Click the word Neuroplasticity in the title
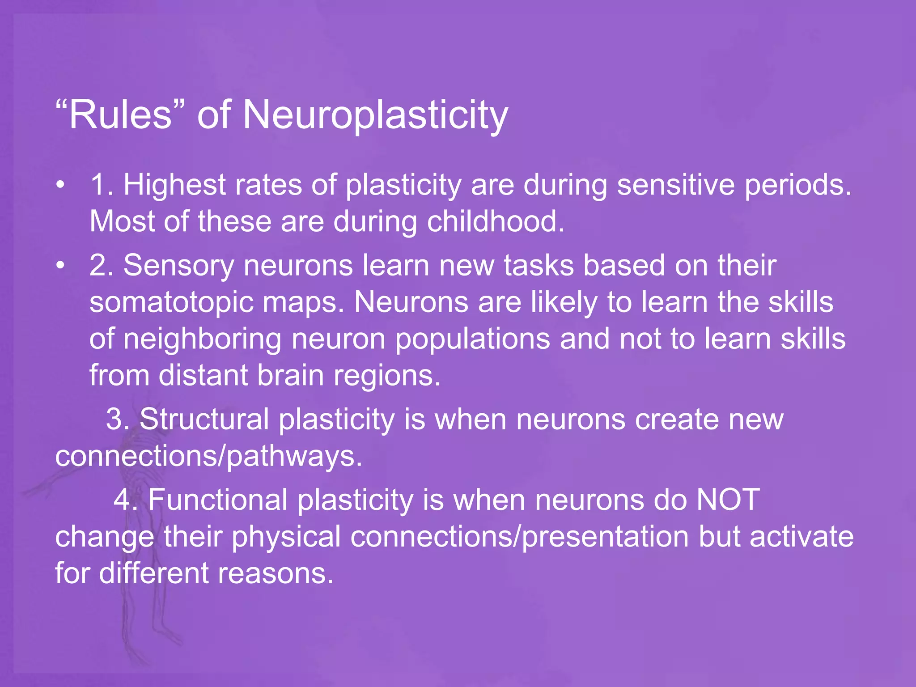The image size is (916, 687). (375, 115)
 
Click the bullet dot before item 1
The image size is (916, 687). (60, 185)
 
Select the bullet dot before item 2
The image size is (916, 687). (60, 265)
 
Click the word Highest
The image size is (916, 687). (174, 185)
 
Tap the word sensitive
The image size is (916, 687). (676, 185)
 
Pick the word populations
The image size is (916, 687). (472, 339)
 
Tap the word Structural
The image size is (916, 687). (204, 420)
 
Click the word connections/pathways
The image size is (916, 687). (208, 457)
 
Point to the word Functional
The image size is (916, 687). (218, 500)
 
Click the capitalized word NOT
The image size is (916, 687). (728, 500)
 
